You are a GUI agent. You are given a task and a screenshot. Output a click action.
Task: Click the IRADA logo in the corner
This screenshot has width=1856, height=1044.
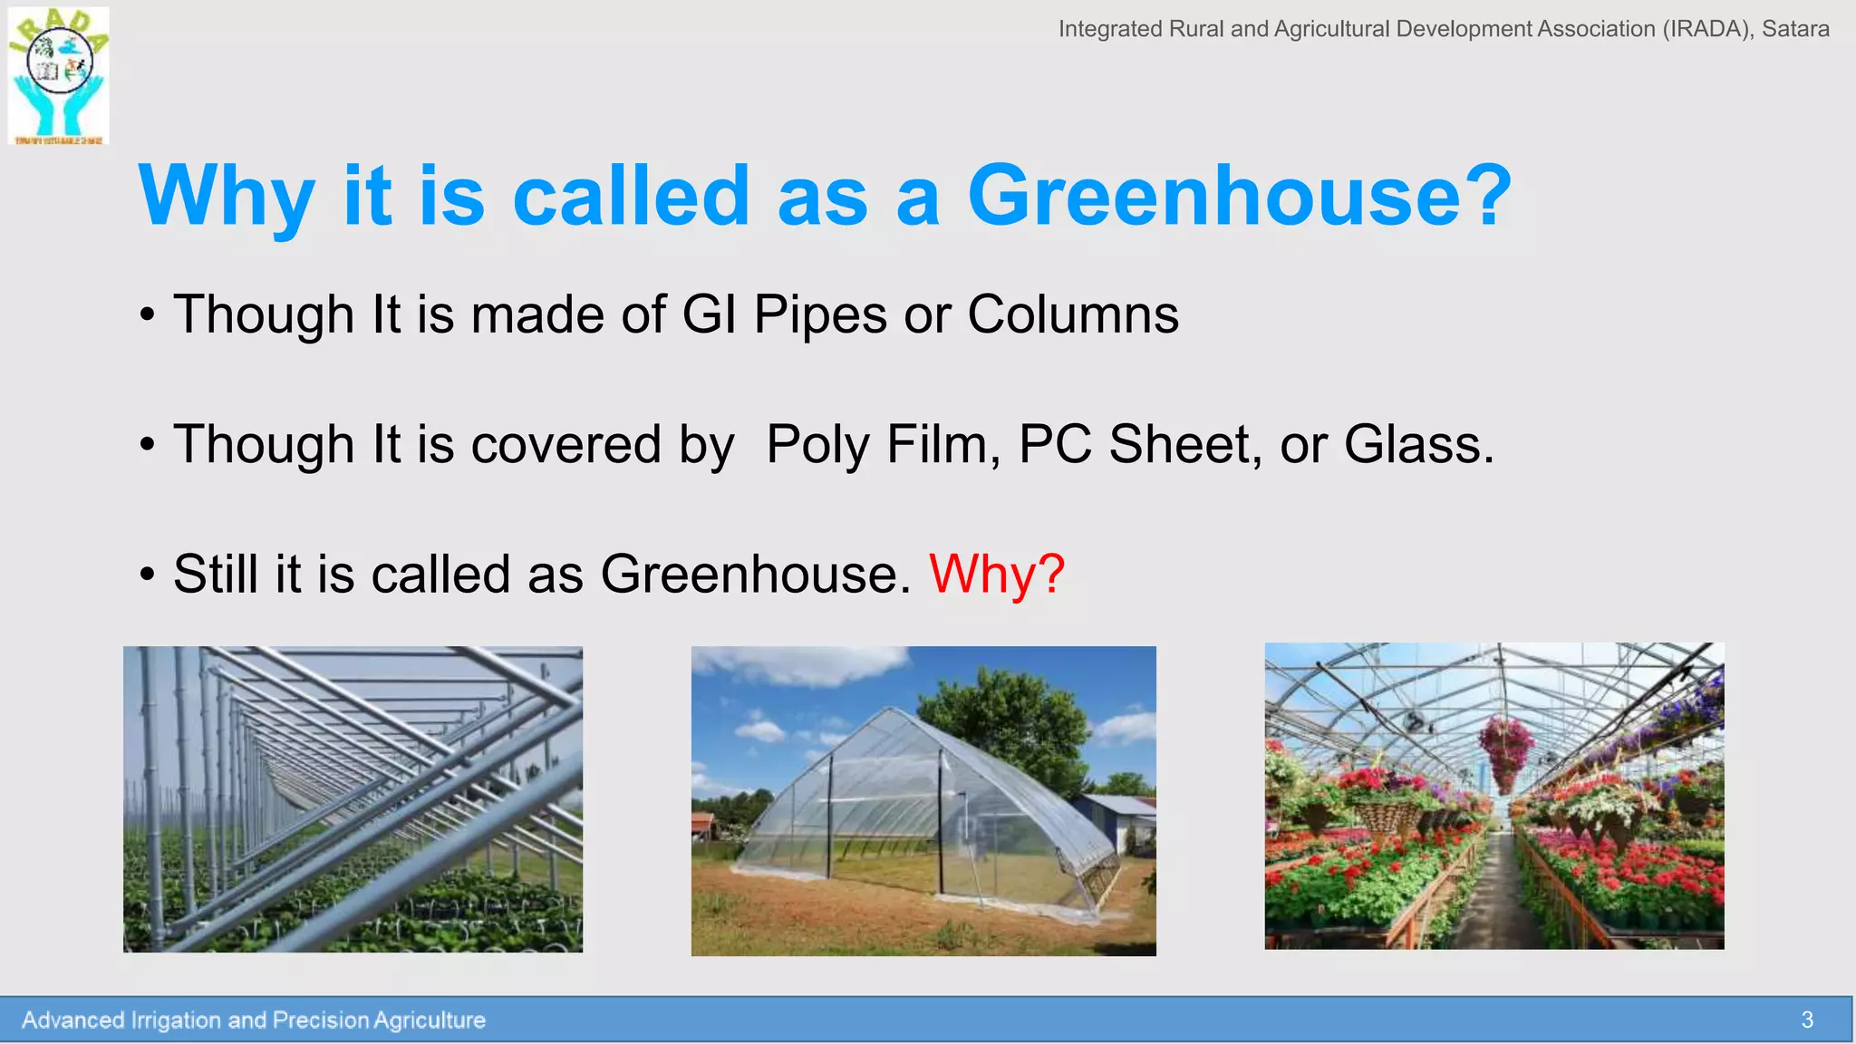pyautogui.click(x=59, y=75)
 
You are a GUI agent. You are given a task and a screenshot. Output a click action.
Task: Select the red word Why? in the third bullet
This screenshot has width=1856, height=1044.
pyautogui.click(x=997, y=575)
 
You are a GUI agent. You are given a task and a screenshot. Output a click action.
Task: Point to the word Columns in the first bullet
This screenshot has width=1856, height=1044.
pyautogui.click(x=1073, y=315)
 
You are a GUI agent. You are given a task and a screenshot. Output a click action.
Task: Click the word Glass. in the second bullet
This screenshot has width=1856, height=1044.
pyautogui.click(x=1418, y=445)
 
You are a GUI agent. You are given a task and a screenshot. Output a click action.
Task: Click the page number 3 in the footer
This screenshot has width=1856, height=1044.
pyautogui.click(x=1807, y=1020)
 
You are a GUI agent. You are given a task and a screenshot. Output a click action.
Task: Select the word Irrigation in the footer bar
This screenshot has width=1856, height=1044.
pyautogui.click(x=177, y=1020)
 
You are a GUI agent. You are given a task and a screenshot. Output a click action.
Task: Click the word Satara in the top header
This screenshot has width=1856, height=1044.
pyautogui.click(x=1795, y=29)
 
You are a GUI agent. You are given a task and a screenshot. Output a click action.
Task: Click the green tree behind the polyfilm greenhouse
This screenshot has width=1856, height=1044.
pyautogui.click(x=1006, y=716)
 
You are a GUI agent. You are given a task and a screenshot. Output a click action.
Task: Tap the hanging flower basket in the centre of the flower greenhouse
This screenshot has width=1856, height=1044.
pyautogui.click(x=1506, y=748)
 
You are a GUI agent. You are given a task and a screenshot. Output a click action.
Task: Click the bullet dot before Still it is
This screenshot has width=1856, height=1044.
pyautogui.click(x=148, y=575)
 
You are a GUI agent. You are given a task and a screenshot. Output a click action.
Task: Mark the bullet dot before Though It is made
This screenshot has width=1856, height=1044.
pyautogui.click(x=148, y=315)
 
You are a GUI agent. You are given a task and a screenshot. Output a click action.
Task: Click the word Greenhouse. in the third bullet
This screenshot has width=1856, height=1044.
pyautogui.click(x=756, y=575)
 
